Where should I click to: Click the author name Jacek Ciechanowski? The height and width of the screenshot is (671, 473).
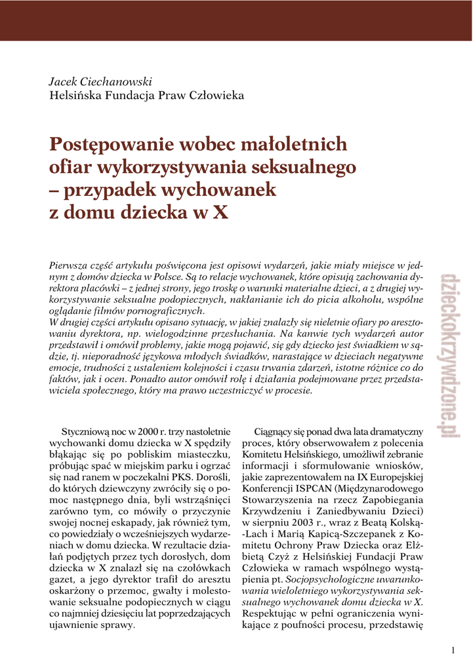coord(100,82)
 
